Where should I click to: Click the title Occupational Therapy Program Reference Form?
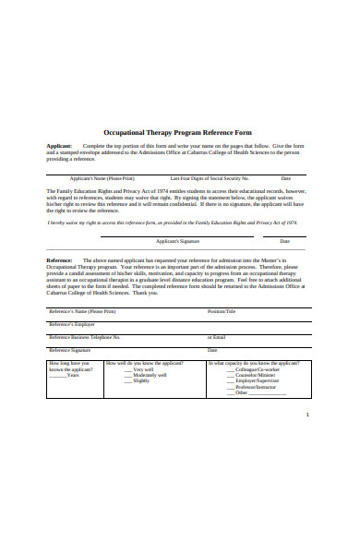180,132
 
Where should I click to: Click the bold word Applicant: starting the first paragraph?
59,146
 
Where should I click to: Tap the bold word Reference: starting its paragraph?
60,260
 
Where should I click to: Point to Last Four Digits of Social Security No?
210,177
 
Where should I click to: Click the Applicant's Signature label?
177,240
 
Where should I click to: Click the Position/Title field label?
222,311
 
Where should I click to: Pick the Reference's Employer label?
72,324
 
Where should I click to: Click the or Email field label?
217,337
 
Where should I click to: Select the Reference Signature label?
70,350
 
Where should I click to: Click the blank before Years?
57,375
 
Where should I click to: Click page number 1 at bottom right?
307,415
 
